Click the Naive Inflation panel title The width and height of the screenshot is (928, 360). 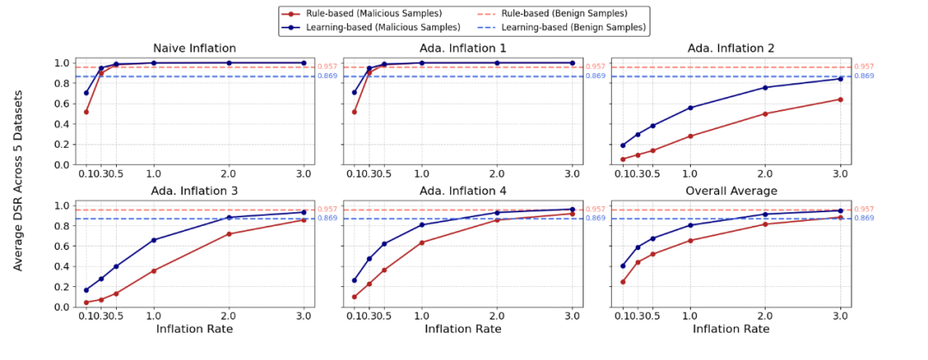[x=194, y=48]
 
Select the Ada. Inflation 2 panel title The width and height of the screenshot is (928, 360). [x=730, y=48]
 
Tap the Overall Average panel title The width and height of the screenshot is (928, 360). [x=730, y=190]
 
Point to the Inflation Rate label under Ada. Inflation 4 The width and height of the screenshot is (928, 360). [x=462, y=329]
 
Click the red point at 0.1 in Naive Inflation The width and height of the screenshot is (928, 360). [x=86, y=112]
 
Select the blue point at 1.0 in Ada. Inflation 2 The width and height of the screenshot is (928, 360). [x=689, y=107]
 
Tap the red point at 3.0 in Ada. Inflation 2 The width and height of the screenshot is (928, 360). [x=840, y=100]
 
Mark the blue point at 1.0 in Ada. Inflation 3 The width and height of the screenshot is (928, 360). [x=154, y=240]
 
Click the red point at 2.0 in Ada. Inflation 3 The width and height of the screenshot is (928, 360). [x=229, y=234]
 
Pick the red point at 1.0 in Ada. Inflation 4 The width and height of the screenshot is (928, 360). [x=421, y=242]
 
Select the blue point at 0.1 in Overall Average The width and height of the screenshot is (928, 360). [x=622, y=265]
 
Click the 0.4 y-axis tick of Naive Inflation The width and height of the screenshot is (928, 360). [x=62, y=124]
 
